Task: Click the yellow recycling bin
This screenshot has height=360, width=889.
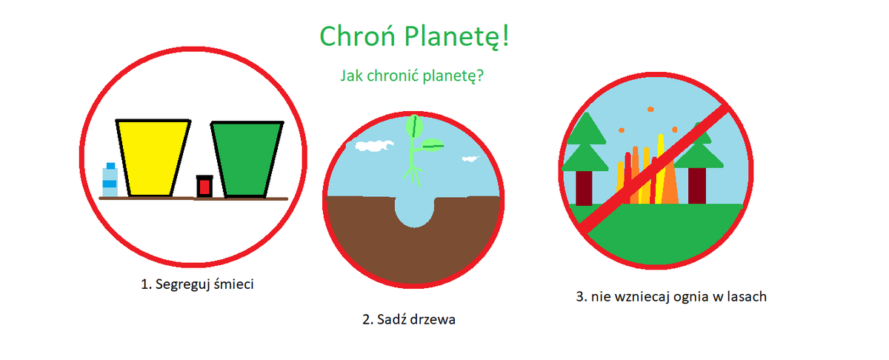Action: [x=153, y=158]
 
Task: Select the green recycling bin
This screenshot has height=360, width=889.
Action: [x=247, y=159]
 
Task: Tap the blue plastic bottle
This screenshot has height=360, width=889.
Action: [x=110, y=179]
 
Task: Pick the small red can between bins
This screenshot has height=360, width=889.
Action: [x=204, y=186]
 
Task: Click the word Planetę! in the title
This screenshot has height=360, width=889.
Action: [x=457, y=37]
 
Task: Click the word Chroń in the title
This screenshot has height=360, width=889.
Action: [x=357, y=36]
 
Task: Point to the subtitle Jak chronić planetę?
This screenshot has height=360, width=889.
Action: [x=412, y=76]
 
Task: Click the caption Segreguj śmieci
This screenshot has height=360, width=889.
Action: [x=204, y=284]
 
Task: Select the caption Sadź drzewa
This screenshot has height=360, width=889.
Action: [x=416, y=319]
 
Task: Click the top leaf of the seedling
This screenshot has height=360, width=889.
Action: [x=414, y=126]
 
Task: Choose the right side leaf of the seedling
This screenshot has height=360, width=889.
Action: [x=432, y=145]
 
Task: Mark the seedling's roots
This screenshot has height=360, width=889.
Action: [x=413, y=176]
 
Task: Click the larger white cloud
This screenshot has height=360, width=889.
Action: [x=374, y=146]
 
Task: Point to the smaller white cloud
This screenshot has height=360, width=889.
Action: [x=470, y=159]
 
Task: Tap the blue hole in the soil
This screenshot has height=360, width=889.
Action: [x=414, y=211]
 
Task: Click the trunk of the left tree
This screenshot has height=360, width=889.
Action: [x=584, y=188]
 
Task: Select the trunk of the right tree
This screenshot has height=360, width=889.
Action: [x=697, y=185]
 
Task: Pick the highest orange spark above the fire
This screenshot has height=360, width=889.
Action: [x=650, y=109]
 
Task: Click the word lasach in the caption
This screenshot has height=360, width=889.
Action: [x=747, y=297]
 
